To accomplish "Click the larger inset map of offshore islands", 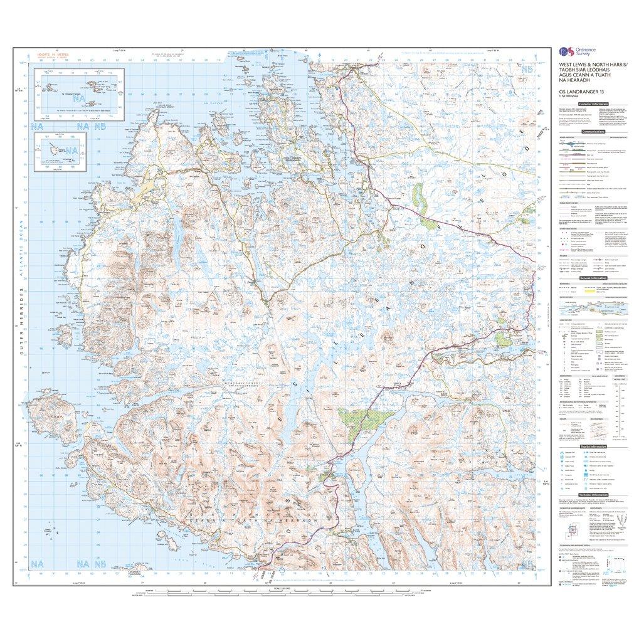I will [79, 91].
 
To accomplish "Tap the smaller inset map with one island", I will [61, 150].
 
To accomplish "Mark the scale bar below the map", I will [276, 592].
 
